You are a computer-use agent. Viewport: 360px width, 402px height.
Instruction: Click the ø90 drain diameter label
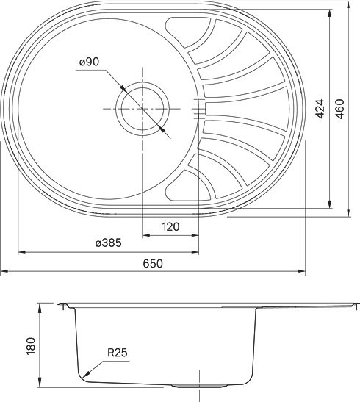click(89, 63)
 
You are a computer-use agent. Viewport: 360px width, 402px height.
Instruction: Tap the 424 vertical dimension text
click(320, 110)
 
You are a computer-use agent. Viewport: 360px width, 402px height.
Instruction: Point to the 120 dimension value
click(170, 227)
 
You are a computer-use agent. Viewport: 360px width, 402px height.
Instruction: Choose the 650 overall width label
click(152, 263)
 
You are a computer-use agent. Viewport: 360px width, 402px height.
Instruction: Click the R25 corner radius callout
click(118, 353)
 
